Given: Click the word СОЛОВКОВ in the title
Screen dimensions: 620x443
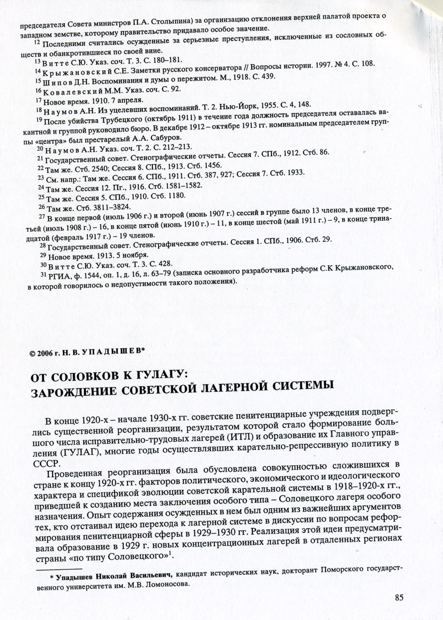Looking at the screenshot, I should [78, 378].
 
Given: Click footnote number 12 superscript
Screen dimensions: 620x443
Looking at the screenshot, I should [38, 42].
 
